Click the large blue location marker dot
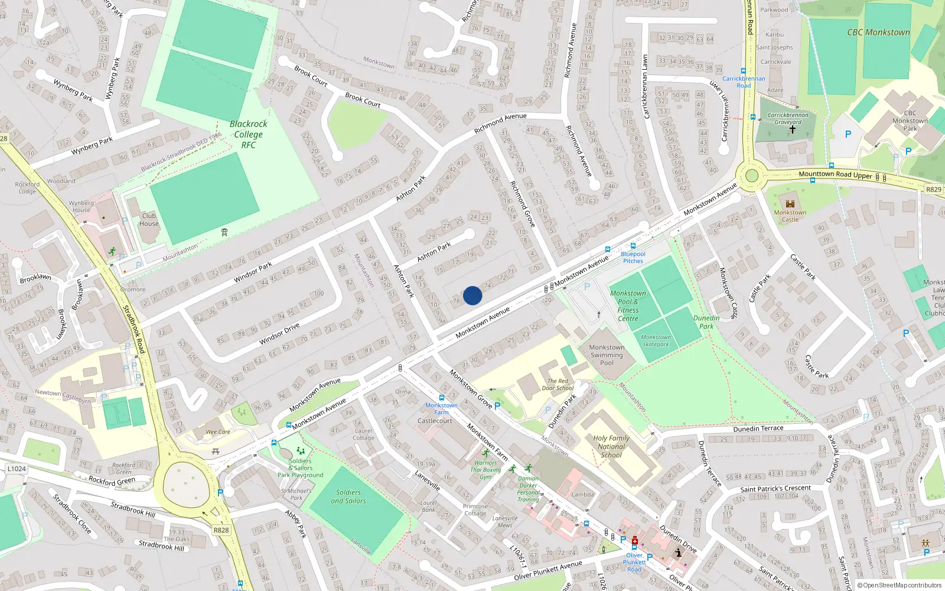(472, 295)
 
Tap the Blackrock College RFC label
(248, 134)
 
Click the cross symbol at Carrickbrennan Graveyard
(792, 129)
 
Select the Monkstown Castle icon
(790, 204)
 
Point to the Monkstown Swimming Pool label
(607, 355)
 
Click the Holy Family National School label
(611, 446)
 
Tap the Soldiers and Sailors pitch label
(348, 496)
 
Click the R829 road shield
(933, 190)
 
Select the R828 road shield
(221, 530)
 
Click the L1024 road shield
(17, 469)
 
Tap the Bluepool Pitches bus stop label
(633, 257)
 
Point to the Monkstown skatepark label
(656, 340)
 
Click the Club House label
(149, 219)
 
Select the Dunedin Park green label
(706, 322)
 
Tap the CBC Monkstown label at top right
(878, 33)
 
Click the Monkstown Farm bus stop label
(441, 408)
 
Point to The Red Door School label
(558, 385)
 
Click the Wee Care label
(218, 432)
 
